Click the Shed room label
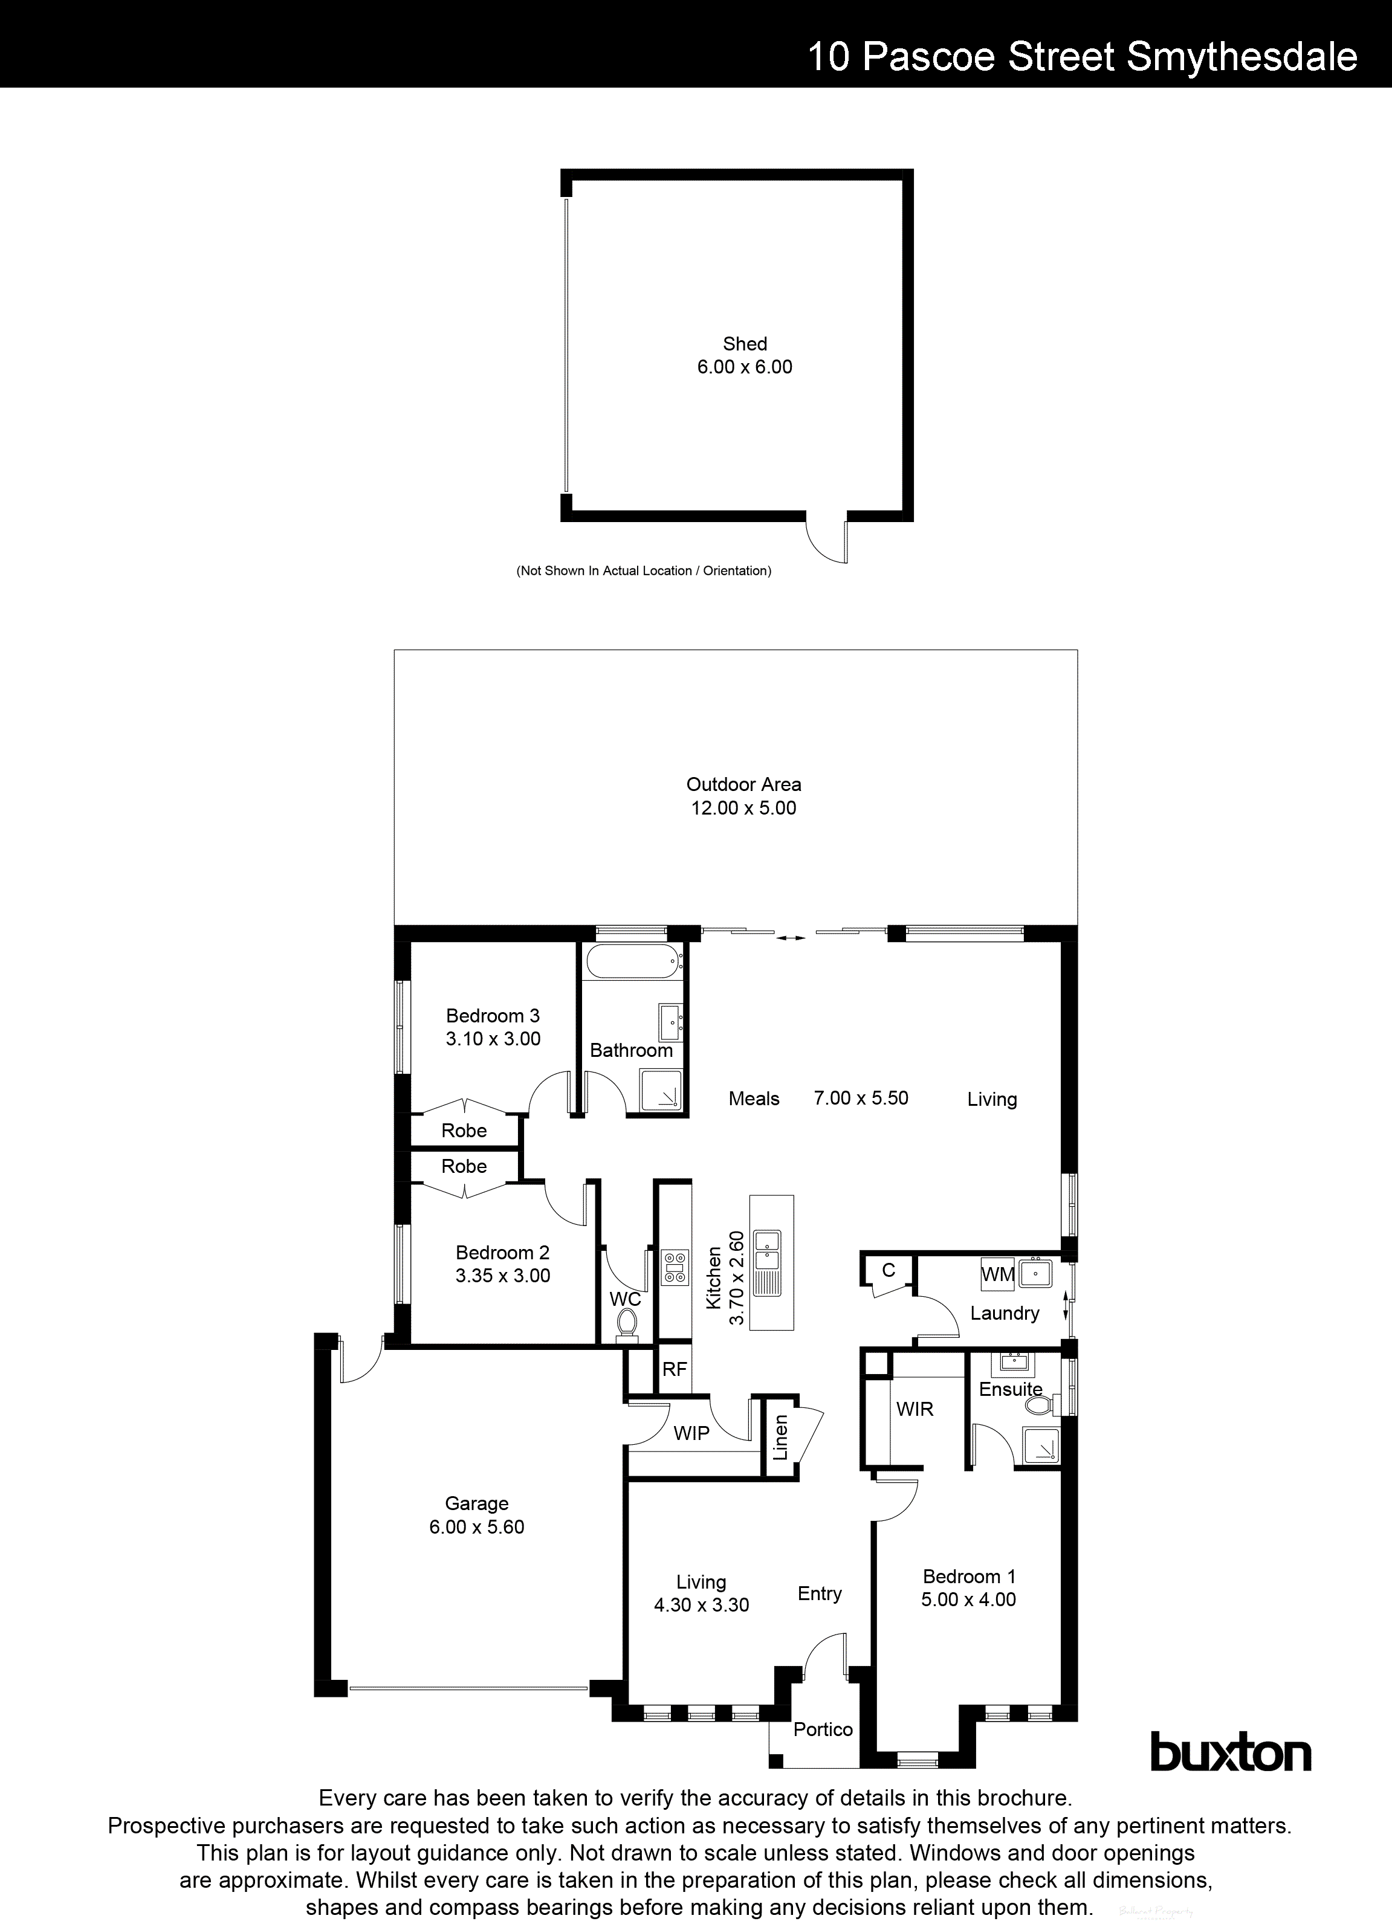[x=745, y=344]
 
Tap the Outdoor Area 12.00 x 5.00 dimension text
[x=743, y=808]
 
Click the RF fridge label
[x=674, y=1369]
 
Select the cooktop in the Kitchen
[x=676, y=1266]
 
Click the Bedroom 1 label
[x=969, y=1576]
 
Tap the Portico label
[x=823, y=1729]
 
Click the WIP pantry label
[x=691, y=1433]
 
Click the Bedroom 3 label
[x=493, y=1015]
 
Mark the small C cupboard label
[x=888, y=1270]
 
